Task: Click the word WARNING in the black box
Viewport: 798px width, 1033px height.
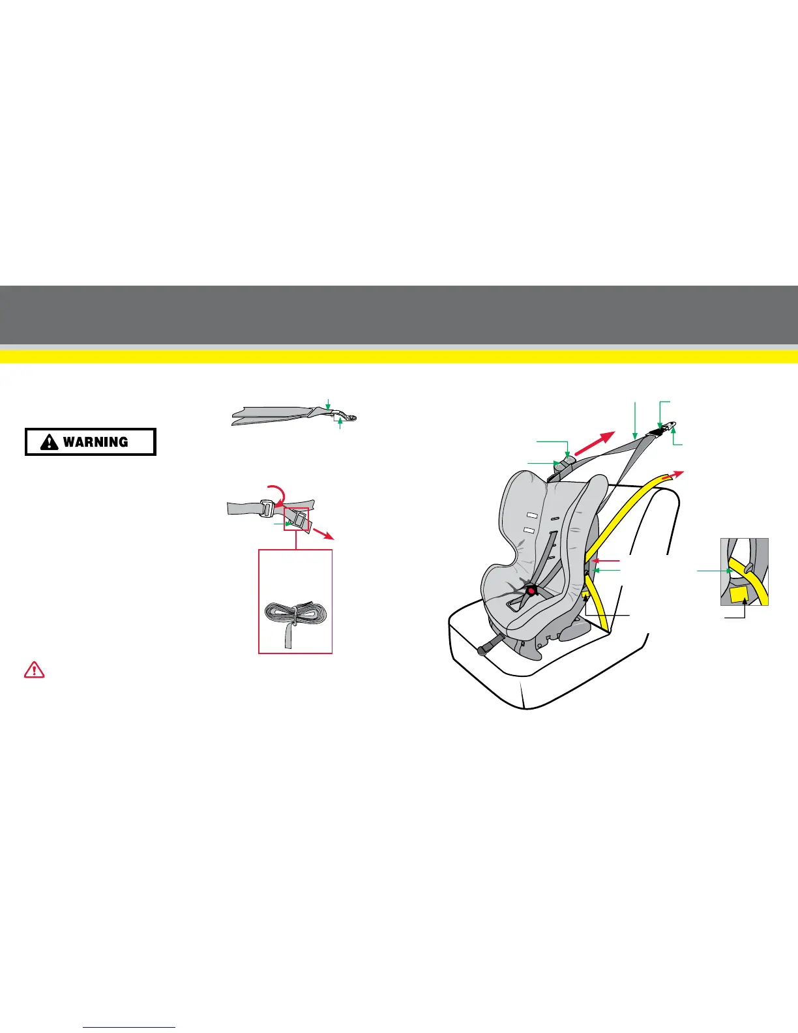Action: tap(95, 442)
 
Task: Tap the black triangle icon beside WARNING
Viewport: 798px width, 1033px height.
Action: tap(49, 442)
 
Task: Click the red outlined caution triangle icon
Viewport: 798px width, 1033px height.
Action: tap(34, 669)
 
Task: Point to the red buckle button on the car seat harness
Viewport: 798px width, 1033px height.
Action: tap(531, 591)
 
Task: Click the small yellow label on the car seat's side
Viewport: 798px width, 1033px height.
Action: tap(585, 596)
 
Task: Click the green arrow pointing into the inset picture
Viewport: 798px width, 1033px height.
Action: tap(713, 571)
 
